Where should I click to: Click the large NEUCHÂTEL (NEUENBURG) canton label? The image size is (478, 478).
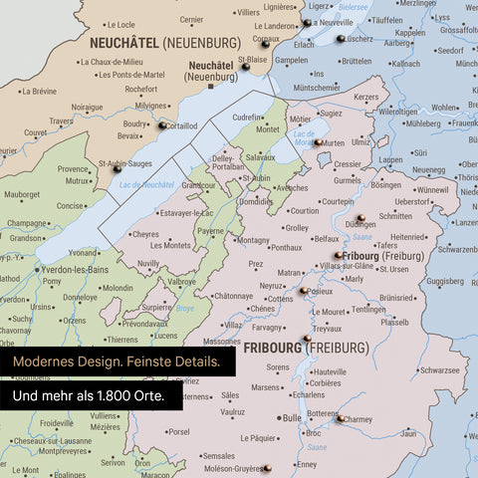click(164, 43)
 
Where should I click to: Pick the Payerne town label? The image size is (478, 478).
click(210, 231)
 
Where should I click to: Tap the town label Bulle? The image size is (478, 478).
click(291, 418)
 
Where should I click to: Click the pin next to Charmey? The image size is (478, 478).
click(340, 419)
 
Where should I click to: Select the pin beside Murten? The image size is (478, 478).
click(318, 143)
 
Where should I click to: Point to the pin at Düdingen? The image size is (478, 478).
click(361, 217)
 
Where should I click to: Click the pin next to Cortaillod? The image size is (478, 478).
click(160, 124)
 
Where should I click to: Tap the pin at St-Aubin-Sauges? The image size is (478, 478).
click(118, 170)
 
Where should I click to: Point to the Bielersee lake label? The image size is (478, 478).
click(354, 6)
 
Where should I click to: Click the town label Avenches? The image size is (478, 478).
click(291, 187)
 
